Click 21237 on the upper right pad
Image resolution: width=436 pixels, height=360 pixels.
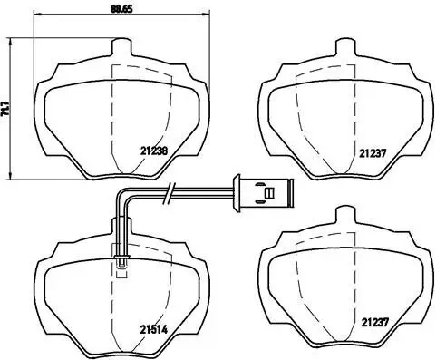click(x=372, y=153)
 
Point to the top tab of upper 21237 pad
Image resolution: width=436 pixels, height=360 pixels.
click(x=341, y=48)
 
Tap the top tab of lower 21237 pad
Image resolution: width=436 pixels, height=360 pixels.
click(x=342, y=216)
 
